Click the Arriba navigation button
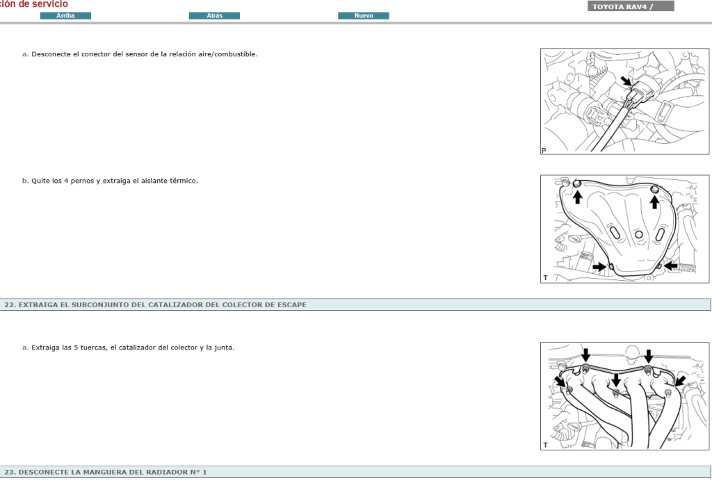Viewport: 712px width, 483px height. (65, 16)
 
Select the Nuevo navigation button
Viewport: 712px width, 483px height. (364, 16)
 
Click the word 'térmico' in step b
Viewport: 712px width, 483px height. (183, 181)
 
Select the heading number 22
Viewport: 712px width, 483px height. (10, 304)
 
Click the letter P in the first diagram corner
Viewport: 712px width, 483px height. (544, 150)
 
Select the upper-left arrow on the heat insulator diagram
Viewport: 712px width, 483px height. (577, 197)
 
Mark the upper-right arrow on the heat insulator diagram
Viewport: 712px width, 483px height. (654, 200)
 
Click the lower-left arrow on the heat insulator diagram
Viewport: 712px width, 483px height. (599, 266)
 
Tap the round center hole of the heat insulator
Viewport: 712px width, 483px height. (638, 234)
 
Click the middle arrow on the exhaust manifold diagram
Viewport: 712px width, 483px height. (615, 380)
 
